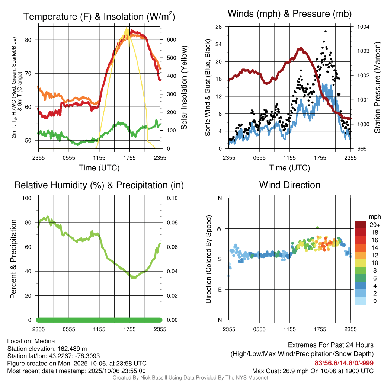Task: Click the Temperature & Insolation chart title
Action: click(x=99, y=16)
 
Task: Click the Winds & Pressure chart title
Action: click(x=289, y=14)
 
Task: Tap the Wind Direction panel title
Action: click(x=289, y=185)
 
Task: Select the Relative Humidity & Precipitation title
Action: click(x=99, y=185)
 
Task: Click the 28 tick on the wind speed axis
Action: click(x=219, y=27)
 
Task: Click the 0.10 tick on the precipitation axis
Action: click(x=172, y=198)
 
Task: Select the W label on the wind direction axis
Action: click(x=220, y=228)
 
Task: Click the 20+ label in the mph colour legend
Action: click(x=375, y=225)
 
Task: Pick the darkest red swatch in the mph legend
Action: click(x=360, y=225)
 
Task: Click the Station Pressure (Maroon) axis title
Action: click(x=377, y=88)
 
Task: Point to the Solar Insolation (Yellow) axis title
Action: click(x=184, y=88)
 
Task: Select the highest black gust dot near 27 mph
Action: click(x=326, y=31)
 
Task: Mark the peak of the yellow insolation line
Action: click(x=127, y=28)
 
